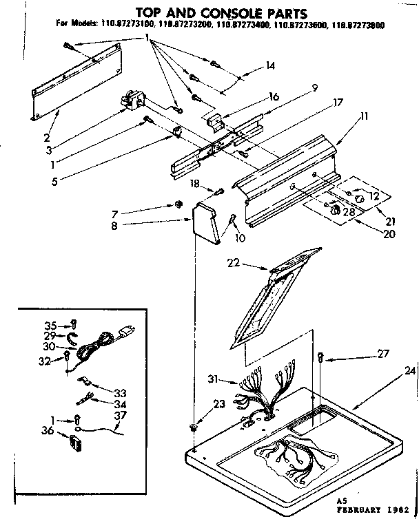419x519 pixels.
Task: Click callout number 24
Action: [x=411, y=371]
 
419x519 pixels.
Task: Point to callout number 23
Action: [x=218, y=405]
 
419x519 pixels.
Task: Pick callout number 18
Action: [x=195, y=184]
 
